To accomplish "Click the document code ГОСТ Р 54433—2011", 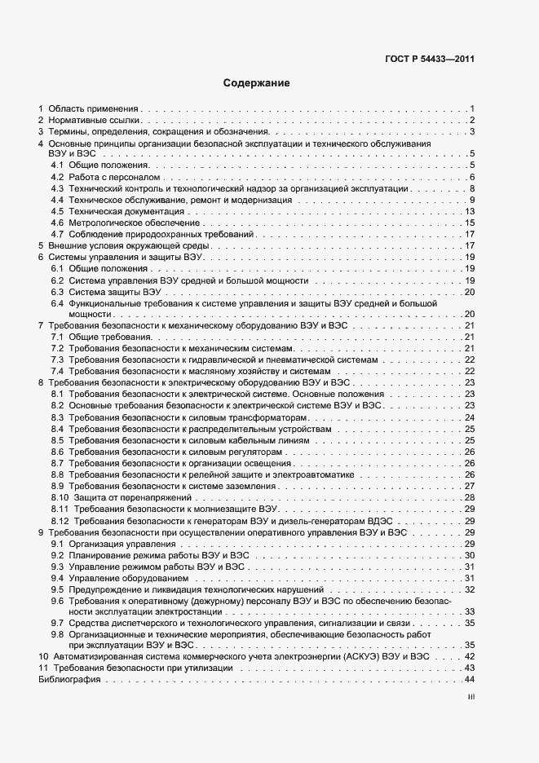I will click(x=431, y=59).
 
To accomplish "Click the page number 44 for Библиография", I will click(x=470, y=680).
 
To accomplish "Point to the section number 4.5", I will click(x=57, y=211).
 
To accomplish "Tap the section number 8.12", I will click(x=60, y=520).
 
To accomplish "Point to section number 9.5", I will click(x=57, y=589).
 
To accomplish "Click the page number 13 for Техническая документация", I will click(x=470, y=211).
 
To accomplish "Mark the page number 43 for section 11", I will click(x=470, y=668).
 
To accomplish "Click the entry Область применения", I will click(x=94, y=108).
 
